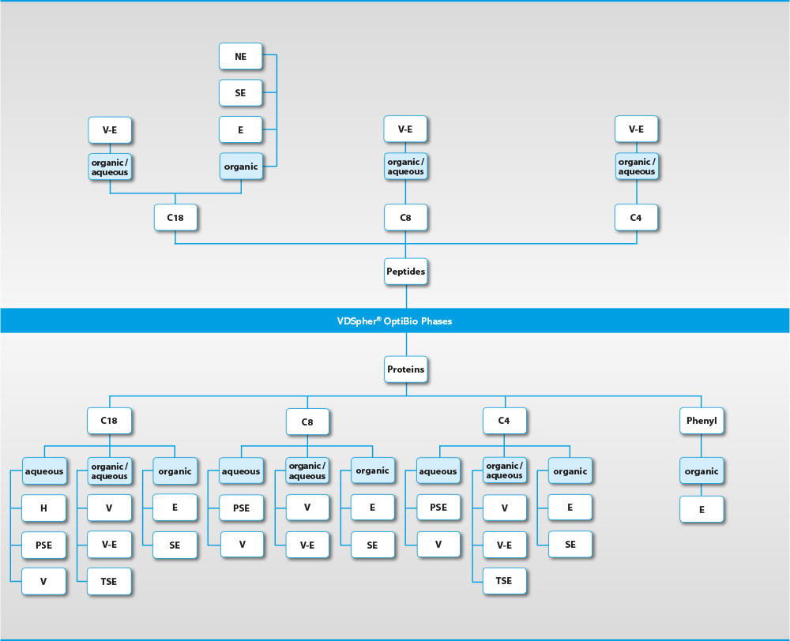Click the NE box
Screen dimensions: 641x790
tap(241, 57)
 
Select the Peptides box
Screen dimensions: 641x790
tap(406, 271)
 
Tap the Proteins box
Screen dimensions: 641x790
tap(406, 369)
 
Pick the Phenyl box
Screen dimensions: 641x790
tap(702, 421)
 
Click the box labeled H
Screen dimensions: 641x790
tap(43, 508)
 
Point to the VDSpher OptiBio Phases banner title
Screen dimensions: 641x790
tap(395, 321)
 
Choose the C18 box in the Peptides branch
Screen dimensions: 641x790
tap(175, 217)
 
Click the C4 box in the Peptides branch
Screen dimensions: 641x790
tap(637, 217)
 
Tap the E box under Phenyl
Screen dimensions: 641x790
tap(702, 509)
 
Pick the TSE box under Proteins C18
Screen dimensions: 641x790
tap(109, 581)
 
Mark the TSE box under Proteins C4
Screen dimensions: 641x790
tap(504, 580)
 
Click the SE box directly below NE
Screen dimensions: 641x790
tap(241, 93)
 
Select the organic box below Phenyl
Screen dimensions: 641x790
tap(702, 471)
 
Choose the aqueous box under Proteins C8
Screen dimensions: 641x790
tap(241, 471)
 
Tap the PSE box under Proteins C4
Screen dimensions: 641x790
tap(438, 508)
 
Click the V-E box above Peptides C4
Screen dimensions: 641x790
tap(637, 129)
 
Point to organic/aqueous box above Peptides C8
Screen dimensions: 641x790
tap(406, 167)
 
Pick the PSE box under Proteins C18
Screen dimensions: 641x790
tap(43, 545)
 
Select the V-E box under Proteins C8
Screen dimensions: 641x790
tap(307, 544)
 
